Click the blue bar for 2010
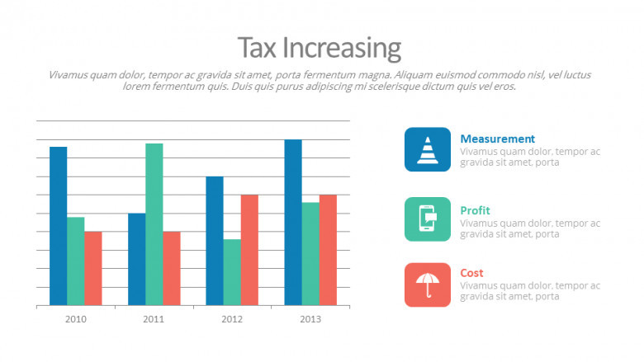point(58,226)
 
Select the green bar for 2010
point(76,261)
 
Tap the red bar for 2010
point(93,269)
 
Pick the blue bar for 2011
point(136,260)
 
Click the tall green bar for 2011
point(154,224)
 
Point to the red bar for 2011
point(172,269)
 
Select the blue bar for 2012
point(215,241)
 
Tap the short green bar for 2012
point(232,273)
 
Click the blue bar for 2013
point(293,223)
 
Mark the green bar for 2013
point(310,254)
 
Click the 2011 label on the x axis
point(154,319)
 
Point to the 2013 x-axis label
point(310,319)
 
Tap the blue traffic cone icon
point(428,149)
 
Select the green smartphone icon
point(428,219)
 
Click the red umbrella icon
point(428,284)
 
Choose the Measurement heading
point(497,139)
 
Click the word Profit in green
point(475,210)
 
